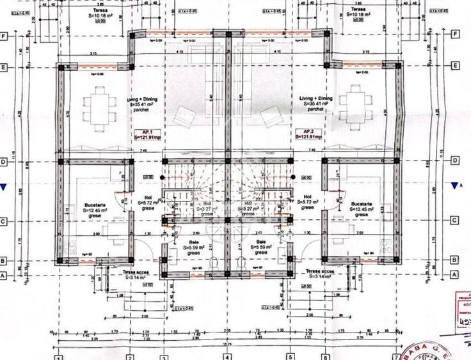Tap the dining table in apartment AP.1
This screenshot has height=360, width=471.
tap(99, 107)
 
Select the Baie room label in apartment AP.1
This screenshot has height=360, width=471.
tap(193, 242)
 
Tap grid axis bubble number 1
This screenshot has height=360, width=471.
tap(58, 357)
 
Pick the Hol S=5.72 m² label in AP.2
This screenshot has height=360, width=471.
tap(308, 201)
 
